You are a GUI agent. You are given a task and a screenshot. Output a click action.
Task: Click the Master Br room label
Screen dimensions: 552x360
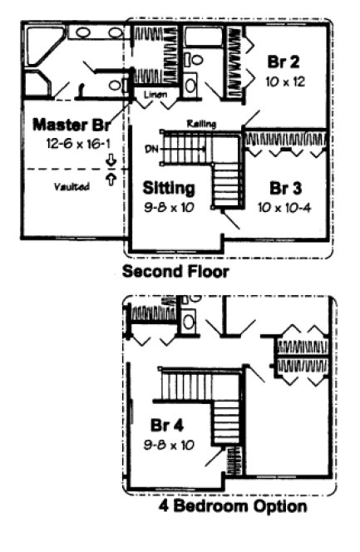[x=72, y=126]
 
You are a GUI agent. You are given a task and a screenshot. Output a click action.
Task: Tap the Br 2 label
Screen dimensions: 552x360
[x=283, y=61]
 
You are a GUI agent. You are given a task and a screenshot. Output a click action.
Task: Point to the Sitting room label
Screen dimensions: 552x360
[x=168, y=187]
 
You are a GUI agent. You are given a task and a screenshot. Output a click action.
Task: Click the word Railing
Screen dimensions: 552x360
[x=202, y=124]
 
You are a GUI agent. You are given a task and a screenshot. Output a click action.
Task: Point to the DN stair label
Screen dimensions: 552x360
[x=150, y=150]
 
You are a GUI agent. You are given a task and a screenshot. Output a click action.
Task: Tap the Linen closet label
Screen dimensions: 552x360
[x=155, y=95]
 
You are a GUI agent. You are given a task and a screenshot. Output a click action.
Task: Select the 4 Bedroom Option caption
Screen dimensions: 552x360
[x=233, y=505]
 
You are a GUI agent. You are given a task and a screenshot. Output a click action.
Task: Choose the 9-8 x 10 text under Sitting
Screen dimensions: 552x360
[x=168, y=207]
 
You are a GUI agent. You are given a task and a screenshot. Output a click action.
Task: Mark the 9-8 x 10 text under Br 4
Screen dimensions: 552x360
[x=168, y=445]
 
